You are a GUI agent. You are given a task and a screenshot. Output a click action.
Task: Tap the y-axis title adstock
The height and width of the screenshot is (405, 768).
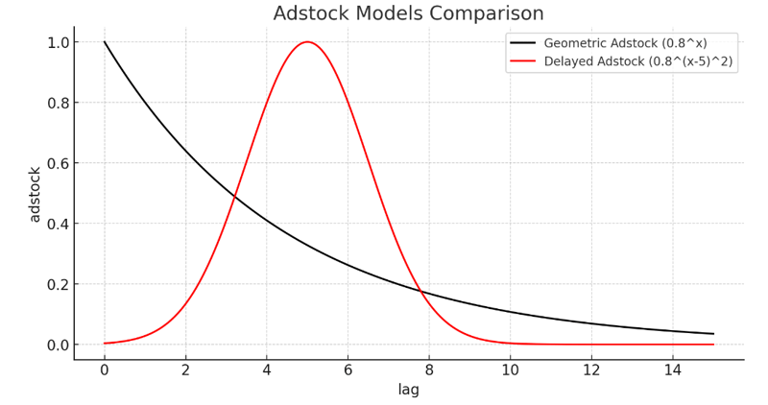point(35,193)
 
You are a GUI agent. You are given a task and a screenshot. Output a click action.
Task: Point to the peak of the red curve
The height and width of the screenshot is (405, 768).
point(307,42)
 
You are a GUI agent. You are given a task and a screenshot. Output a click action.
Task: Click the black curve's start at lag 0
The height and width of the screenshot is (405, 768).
point(105,42)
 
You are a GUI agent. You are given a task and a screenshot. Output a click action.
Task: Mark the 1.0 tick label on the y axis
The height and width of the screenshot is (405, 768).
point(58,42)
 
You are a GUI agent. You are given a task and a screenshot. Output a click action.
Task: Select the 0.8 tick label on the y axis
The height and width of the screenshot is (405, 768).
point(58,103)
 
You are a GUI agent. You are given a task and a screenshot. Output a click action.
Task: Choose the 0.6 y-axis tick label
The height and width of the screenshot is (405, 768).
point(58,163)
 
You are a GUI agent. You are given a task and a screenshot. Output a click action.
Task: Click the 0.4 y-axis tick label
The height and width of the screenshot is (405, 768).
point(58,224)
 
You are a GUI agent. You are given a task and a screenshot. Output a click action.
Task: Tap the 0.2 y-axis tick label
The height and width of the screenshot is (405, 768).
point(58,284)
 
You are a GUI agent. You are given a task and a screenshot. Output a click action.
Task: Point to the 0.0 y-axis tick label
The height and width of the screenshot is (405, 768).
point(58,345)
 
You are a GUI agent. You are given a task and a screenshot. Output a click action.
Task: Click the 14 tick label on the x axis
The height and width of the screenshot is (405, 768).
point(673,369)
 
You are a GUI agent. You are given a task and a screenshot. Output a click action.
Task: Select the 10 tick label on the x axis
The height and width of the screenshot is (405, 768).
point(511,369)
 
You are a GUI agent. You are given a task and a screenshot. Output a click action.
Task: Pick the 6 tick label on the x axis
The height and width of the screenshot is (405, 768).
point(348,369)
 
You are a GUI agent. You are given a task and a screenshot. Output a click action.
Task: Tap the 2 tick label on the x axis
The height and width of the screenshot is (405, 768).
point(186,369)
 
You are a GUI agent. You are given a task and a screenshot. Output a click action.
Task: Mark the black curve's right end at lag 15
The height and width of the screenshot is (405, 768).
point(713,334)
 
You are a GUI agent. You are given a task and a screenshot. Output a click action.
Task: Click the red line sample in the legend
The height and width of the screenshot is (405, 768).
point(522,60)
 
